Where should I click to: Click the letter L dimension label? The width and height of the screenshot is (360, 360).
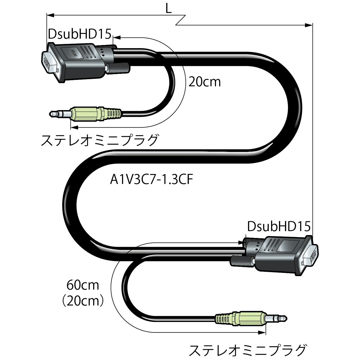(x=168, y=9)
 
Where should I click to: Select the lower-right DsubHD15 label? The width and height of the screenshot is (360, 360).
(x=278, y=227)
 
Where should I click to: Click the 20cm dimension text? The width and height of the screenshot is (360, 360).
(x=204, y=82)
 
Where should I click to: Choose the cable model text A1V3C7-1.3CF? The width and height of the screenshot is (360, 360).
(x=151, y=181)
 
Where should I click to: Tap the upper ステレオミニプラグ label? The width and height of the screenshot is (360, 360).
(x=100, y=140)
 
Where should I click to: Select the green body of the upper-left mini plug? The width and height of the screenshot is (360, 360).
(x=87, y=114)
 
